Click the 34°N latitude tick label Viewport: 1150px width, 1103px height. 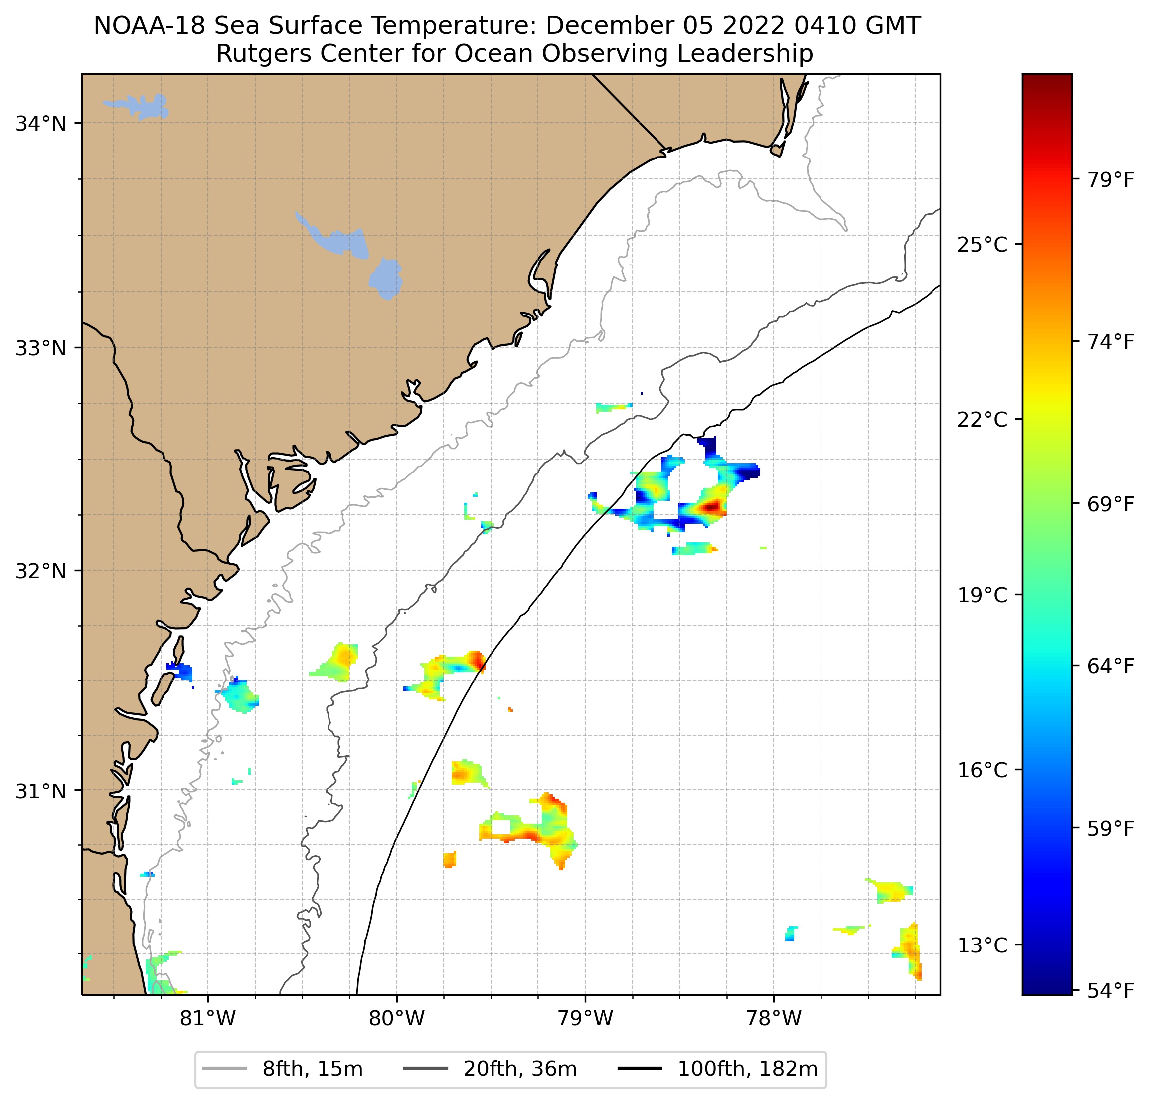pyautogui.click(x=40, y=124)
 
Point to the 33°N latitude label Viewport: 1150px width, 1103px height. pyautogui.click(x=40, y=348)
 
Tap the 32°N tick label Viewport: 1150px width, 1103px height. pyautogui.click(x=40, y=570)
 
